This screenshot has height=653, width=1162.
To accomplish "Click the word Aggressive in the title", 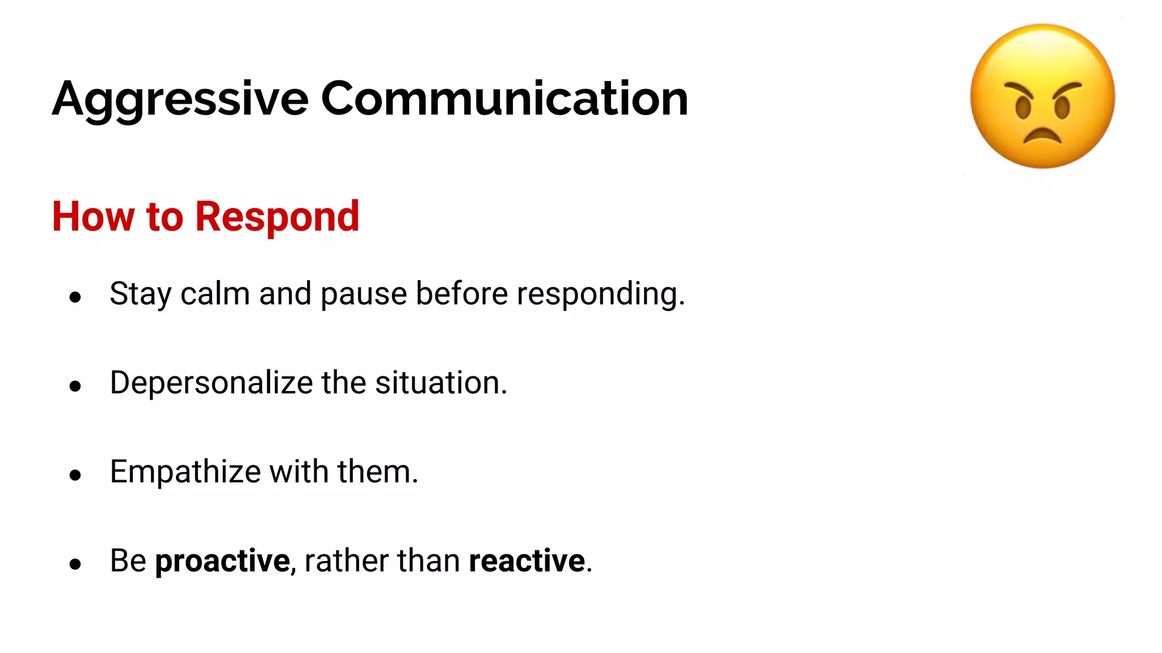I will [180, 99].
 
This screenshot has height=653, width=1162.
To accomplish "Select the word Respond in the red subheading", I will [277, 217].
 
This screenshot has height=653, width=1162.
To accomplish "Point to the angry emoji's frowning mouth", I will [1042, 136].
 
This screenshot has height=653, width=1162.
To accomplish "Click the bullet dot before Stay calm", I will [75, 297].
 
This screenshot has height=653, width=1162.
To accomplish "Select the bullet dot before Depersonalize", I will [75, 386].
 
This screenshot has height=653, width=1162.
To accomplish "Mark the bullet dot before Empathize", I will [75, 475].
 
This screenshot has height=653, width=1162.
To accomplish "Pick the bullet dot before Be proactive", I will [75, 564].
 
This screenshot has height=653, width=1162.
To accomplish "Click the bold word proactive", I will [222, 561].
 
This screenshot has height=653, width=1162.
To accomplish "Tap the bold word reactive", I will [527, 561].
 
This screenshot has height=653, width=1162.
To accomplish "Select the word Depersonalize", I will [211, 383].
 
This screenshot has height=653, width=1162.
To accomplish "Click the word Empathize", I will [185, 472].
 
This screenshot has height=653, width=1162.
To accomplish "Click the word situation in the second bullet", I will [441, 383].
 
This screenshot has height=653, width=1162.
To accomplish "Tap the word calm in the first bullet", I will [215, 294].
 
